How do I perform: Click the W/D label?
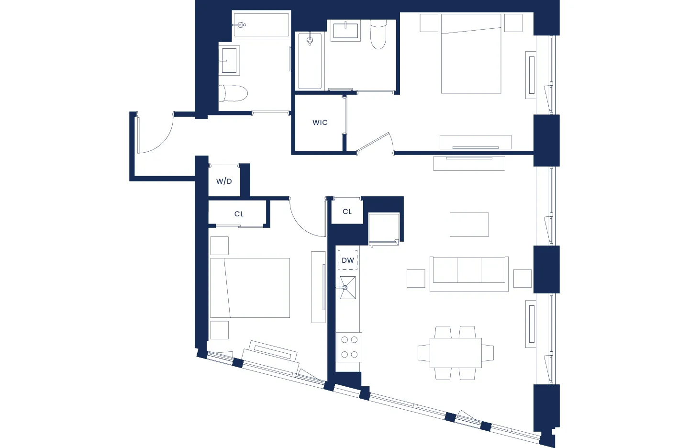click(224, 181)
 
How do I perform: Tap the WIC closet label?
click(320, 123)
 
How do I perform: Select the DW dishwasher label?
click(348, 260)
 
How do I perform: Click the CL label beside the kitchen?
click(347, 212)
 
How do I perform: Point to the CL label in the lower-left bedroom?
click(239, 214)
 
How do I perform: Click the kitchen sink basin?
click(348, 287)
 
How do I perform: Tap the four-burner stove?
click(349, 347)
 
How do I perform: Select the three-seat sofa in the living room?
click(469, 273)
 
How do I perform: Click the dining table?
click(456, 353)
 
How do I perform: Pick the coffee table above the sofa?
click(469, 224)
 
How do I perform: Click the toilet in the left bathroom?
click(233, 93)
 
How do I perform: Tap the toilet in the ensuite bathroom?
click(378, 34)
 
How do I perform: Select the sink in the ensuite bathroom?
click(346, 31)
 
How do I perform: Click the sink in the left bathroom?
click(229, 60)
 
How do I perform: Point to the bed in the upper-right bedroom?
click(471, 54)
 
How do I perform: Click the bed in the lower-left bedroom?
click(250, 288)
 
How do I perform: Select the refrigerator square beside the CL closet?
click(384, 228)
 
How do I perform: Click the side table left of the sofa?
click(416, 279)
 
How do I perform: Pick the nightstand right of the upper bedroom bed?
click(513, 23)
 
